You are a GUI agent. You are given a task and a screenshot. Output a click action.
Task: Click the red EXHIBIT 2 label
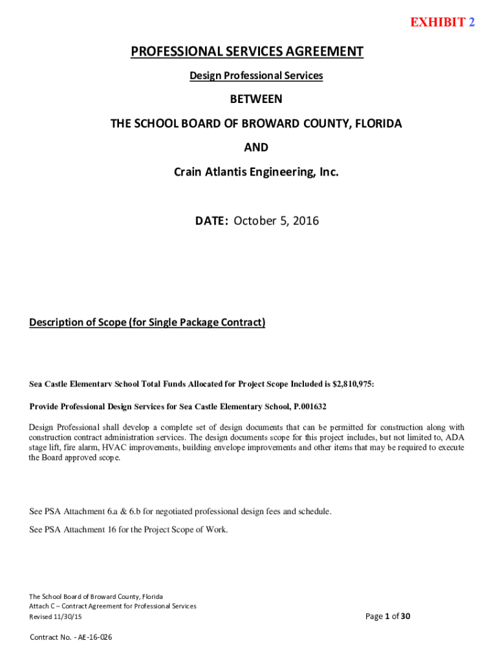[442, 23]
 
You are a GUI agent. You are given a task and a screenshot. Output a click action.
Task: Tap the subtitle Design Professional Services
[256, 76]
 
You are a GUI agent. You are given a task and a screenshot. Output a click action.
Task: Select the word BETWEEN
[256, 100]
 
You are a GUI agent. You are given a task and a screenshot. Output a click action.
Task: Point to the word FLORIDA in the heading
[376, 124]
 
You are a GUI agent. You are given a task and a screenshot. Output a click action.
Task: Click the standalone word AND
[256, 148]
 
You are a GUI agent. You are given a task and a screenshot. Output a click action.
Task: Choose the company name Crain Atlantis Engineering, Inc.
[256, 172]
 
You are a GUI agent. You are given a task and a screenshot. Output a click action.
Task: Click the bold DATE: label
[211, 221]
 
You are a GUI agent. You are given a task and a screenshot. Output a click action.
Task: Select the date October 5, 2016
[276, 221]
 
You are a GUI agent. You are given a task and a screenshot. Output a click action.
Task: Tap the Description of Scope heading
[147, 322]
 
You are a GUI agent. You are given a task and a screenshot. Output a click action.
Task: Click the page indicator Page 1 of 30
[387, 616]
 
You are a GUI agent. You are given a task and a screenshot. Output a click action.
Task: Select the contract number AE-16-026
[94, 638]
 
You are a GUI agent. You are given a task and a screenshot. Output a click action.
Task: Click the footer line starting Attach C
[113, 606]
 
